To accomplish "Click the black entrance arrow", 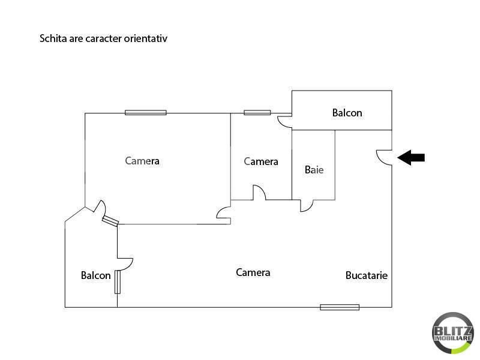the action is (x=411, y=158).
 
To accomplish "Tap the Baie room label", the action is (x=314, y=170).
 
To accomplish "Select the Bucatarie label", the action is (x=367, y=275).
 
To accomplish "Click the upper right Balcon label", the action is (x=347, y=113).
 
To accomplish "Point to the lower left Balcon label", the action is (x=95, y=275).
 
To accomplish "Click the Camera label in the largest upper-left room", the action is (x=142, y=161).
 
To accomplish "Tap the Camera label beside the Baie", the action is (x=261, y=161).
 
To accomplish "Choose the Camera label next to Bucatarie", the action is (x=253, y=272).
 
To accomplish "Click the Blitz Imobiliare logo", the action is (x=452, y=333).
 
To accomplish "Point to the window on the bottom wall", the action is (x=340, y=307).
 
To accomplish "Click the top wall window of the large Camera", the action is (x=146, y=113).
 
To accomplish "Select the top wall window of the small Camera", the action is (x=257, y=113).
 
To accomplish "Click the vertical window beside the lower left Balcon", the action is (x=118, y=282).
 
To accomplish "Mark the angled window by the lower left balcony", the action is (x=110, y=221).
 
